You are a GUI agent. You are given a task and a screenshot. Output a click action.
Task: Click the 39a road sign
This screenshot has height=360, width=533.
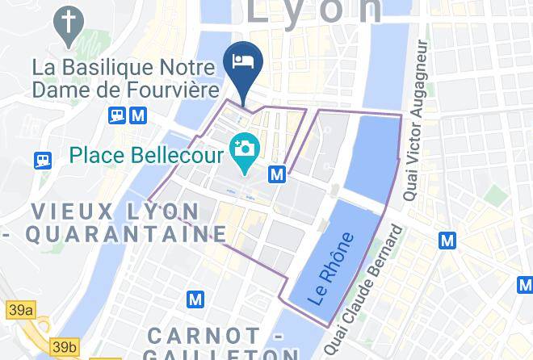tap(21, 309)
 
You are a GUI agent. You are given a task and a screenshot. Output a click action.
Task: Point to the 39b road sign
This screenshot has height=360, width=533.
tap(64, 347)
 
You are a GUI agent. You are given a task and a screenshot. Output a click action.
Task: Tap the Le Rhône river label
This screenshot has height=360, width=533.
tap(331, 268)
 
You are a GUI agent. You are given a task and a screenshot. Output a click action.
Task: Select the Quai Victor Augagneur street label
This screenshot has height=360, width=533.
tap(419, 132)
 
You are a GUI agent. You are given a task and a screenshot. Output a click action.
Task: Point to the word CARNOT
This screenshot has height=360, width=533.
tap(204, 335)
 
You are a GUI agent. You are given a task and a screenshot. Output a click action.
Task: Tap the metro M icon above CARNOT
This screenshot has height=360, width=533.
tap(195, 299)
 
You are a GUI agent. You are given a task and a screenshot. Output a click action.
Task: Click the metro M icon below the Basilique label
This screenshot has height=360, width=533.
tap(138, 116)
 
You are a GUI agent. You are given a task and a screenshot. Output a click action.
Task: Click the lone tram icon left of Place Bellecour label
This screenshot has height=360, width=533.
tap(43, 160)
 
